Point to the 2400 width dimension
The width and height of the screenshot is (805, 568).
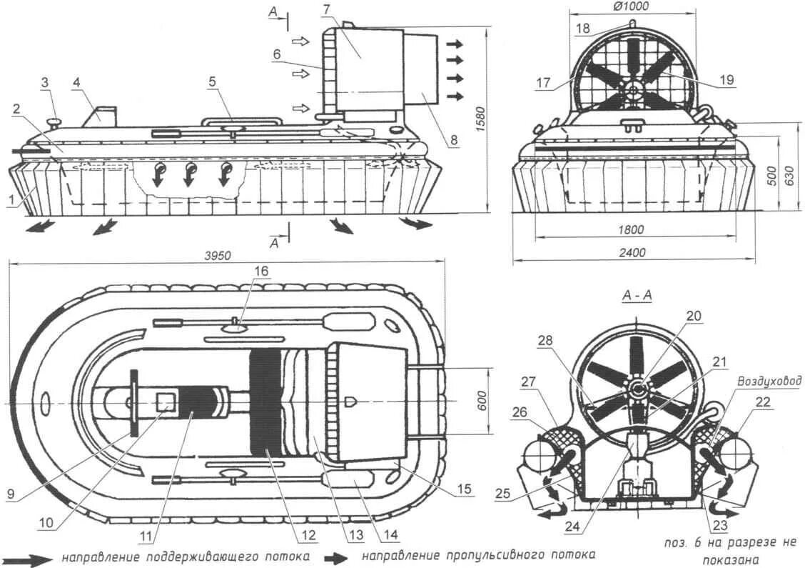coord(632,252)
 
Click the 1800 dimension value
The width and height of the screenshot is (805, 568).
coord(632,230)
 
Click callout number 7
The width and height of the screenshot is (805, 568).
coord(347,9)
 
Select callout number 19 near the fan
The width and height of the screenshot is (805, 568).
coord(726,80)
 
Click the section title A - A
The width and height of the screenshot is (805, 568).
coord(637,294)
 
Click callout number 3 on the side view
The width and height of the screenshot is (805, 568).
coord(44,83)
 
